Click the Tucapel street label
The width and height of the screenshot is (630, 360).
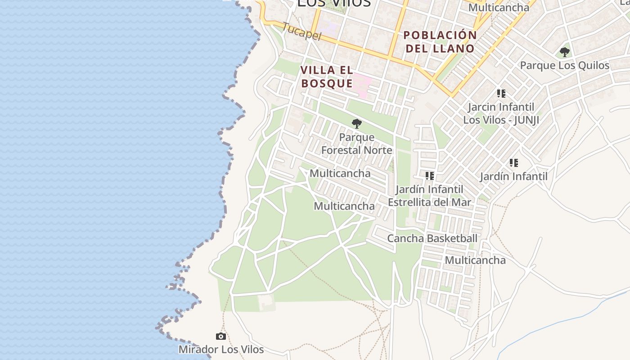click(302, 31)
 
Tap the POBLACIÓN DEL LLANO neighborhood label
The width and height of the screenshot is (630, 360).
click(440, 42)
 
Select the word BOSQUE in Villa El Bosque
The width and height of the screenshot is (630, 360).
click(327, 83)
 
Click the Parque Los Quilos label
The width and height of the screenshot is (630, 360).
click(564, 65)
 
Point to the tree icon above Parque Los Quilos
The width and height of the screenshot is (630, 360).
click(564, 52)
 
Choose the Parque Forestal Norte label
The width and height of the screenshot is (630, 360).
click(356, 144)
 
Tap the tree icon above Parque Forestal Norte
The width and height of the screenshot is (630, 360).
click(356, 123)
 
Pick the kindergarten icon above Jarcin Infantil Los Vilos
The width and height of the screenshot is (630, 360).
click(501, 94)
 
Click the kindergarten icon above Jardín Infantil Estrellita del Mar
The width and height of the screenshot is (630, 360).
click(429, 176)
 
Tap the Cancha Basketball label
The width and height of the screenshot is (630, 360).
click(432, 238)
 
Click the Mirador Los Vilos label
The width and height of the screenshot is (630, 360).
click(221, 349)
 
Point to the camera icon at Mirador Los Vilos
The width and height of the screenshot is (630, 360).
click(220, 336)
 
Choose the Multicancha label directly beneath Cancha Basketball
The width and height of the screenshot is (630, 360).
click(475, 260)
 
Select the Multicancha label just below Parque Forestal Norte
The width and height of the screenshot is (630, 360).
click(340, 173)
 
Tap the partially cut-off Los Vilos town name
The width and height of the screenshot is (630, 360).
click(333, 4)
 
